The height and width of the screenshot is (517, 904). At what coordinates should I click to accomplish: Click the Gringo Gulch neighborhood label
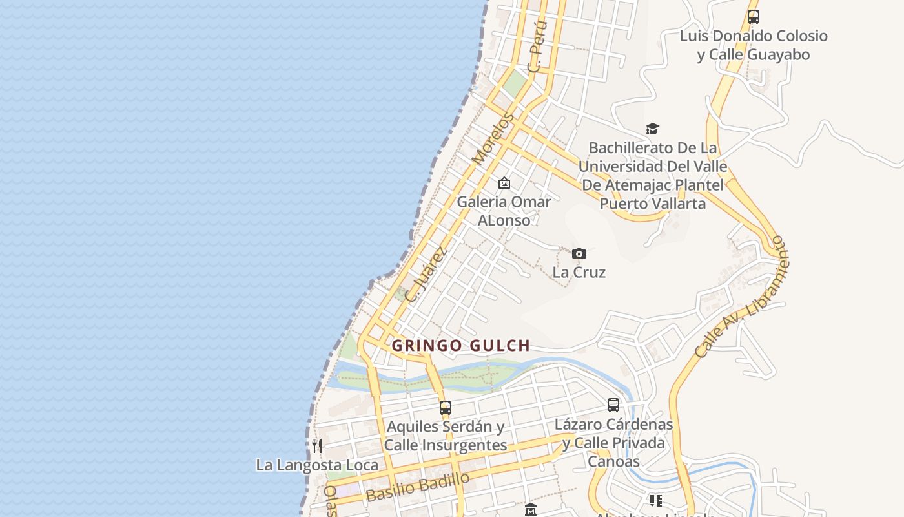[x=460, y=346]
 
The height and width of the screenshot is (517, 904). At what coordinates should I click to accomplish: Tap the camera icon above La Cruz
[x=579, y=253]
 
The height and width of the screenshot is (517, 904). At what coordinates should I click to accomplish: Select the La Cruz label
[x=579, y=272]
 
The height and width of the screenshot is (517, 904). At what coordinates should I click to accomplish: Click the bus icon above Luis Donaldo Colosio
[x=753, y=17]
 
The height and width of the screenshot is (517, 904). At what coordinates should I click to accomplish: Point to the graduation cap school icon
[x=652, y=129]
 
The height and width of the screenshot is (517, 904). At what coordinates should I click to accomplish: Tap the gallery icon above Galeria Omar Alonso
[x=504, y=184]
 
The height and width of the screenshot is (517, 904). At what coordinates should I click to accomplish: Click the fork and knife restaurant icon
[x=317, y=445]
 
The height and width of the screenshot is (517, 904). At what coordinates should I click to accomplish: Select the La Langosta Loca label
[x=317, y=465]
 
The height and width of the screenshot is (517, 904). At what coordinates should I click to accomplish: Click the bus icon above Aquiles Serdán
[x=446, y=408]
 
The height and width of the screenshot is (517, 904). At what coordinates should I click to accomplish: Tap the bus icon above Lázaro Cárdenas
[x=613, y=405]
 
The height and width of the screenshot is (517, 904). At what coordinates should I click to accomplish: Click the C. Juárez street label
[x=426, y=275]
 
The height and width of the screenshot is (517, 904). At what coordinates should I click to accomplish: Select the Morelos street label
[x=493, y=138]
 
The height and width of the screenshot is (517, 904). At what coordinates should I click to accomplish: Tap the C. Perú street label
[x=537, y=46]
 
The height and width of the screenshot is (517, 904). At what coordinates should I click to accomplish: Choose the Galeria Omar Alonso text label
[x=504, y=211]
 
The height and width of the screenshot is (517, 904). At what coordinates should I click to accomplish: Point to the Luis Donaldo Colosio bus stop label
[x=753, y=45]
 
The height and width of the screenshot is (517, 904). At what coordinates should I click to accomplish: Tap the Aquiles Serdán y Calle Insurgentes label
[x=446, y=436]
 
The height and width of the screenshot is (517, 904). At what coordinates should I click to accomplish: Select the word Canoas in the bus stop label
[x=613, y=461]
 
